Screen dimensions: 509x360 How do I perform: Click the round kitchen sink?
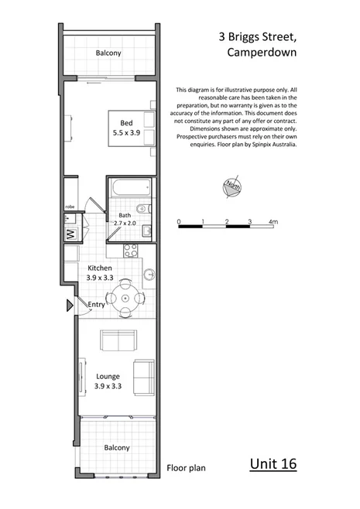coord(149,272)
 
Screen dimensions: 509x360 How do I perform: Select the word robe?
coord(69,207)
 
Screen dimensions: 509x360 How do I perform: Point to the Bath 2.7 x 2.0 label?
coord(127,220)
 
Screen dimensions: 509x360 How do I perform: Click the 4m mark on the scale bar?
coord(272,222)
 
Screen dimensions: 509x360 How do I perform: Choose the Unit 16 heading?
coord(273,464)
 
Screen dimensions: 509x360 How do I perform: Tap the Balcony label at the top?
coord(109,53)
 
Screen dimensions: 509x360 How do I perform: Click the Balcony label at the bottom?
coord(117,448)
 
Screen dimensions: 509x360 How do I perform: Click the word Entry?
coord(96,305)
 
